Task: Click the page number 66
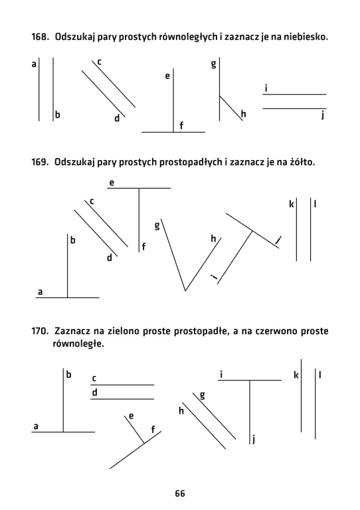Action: tap(180, 493)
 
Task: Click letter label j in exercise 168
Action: tap(321, 116)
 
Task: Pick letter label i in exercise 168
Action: tap(266, 88)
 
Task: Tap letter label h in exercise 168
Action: tap(244, 114)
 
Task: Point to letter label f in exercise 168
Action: tap(181, 126)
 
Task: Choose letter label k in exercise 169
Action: tap(291, 205)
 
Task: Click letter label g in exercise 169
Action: tap(157, 226)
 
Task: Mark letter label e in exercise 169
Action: tap(112, 181)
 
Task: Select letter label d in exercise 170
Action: tap(95, 392)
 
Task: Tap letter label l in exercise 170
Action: tap(320, 376)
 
